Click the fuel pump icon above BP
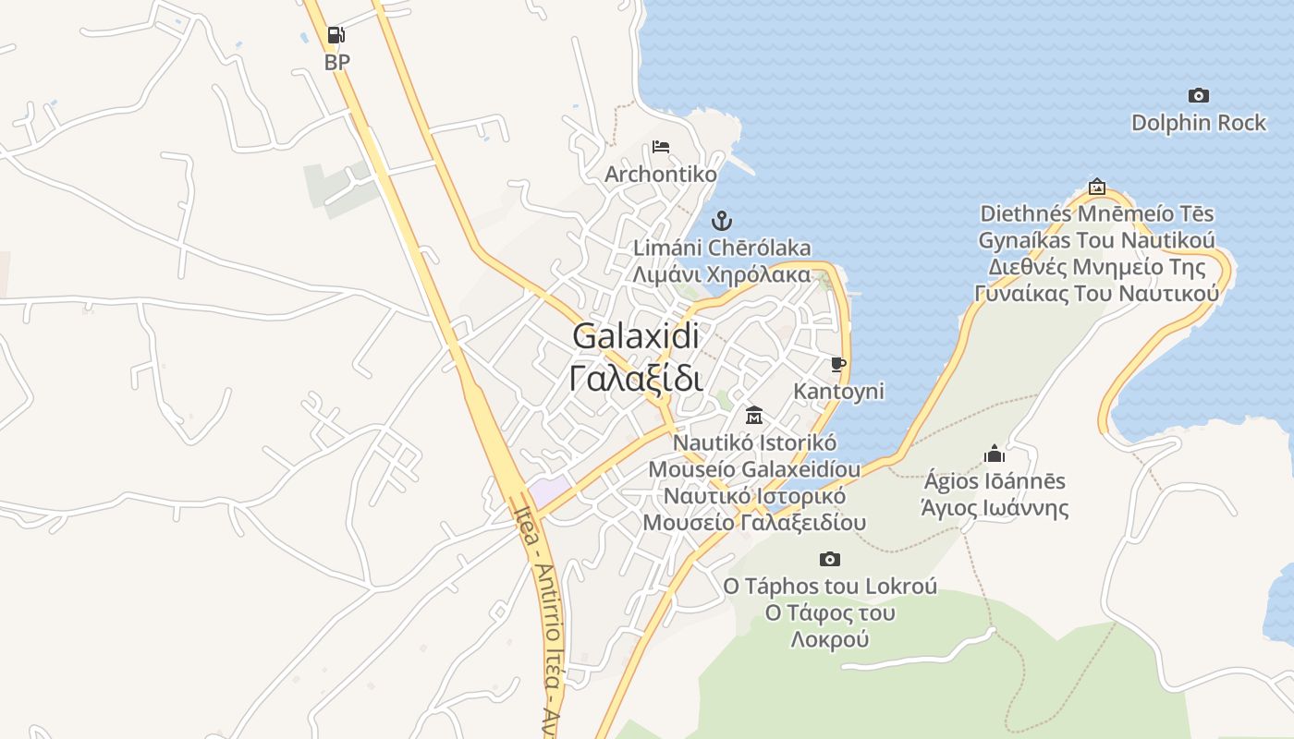click(336, 36)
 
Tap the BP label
click(337, 63)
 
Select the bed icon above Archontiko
click(660, 147)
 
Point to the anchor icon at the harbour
click(722, 221)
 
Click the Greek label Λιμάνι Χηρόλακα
click(722, 274)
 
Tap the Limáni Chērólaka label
click(722, 248)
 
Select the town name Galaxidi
click(636, 336)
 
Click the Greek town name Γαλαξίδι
click(636, 379)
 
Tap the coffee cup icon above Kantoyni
click(838, 365)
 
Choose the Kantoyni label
click(838, 392)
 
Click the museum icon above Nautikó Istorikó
click(753, 416)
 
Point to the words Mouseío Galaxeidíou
click(753, 469)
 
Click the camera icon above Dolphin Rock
click(1199, 95)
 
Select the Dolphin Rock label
click(1199, 123)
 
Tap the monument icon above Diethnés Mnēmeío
click(1096, 187)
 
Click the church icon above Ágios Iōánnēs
click(995, 454)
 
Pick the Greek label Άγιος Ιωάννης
click(995, 508)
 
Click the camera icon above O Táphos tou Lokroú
click(830, 559)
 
